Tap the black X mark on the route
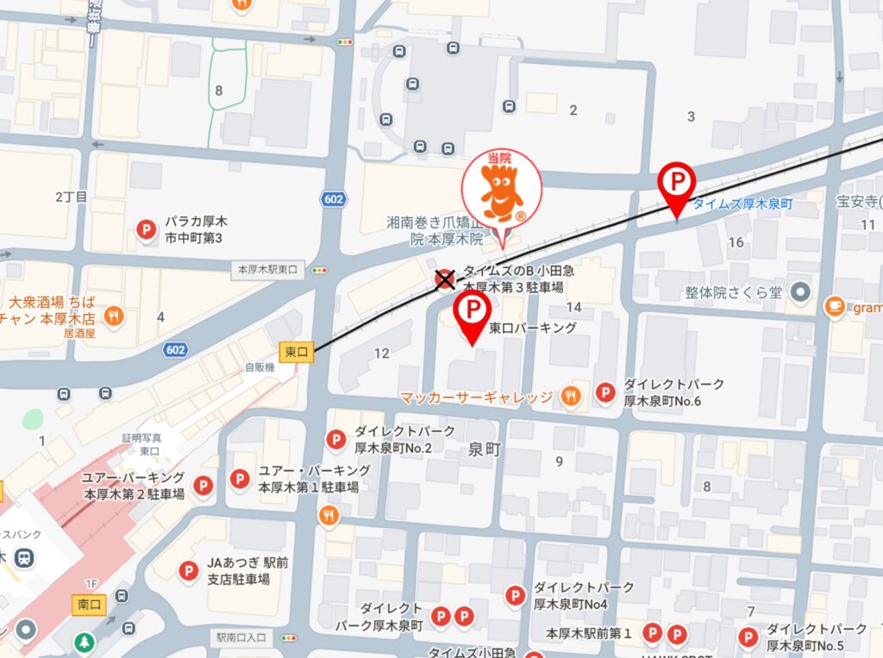pyautogui.click(x=445, y=279)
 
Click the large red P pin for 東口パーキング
pyautogui.click(x=473, y=311)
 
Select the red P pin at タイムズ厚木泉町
pyautogui.click(x=676, y=185)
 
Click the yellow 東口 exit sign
pyautogui.click(x=294, y=351)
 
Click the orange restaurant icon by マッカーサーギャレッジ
pyautogui.click(x=570, y=397)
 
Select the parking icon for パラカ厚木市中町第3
pyautogui.click(x=147, y=229)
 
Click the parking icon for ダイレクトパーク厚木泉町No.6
pyautogui.click(x=606, y=393)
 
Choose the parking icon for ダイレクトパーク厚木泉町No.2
pyautogui.click(x=335, y=440)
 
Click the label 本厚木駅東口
pyautogui.click(x=267, y=270)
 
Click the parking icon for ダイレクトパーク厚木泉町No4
pyautogui.click(x=515, y=595)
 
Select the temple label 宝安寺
pyautogui.click(x=856, y=203)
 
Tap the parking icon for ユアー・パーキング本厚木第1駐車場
pyautogui.click(x=240, y=479)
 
